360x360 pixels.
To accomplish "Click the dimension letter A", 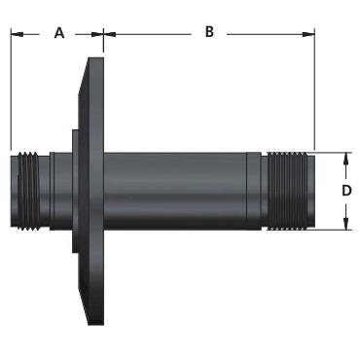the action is [59, 33].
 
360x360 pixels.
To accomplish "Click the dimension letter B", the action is [209, 32].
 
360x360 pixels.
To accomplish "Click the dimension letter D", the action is [346, 191].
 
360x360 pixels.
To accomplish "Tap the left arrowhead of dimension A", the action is [17, 34].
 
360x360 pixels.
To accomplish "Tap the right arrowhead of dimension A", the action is [97, 34].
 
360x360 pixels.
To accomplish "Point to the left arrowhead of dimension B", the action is [109, 34].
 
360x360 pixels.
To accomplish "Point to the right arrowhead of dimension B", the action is [308, 34].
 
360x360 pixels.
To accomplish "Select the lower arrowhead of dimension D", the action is [346, 224].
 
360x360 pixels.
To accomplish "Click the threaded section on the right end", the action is [287, 191].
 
